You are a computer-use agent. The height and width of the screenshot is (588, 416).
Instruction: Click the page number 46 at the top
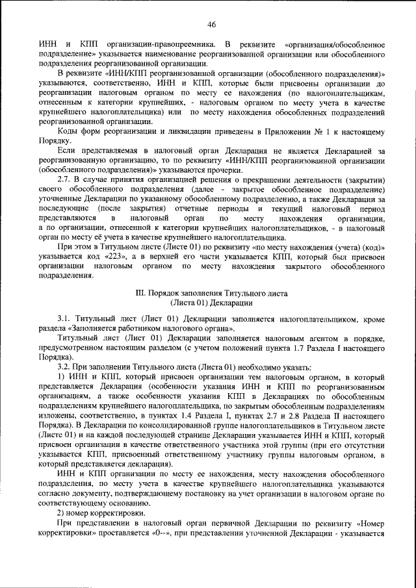pos(211,24)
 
